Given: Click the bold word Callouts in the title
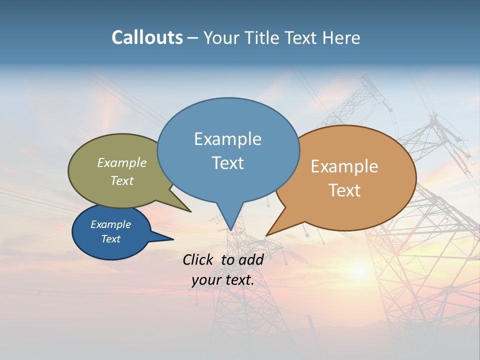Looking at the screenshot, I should pyautogui.click(x=147, y=37).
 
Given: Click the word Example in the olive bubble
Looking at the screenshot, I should pyautogui.click(x=121, y=162).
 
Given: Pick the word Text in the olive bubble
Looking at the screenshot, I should pyautogui.click(x=121, y=180).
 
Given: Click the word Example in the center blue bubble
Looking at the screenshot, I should pyautogui.click(x=227, y=139).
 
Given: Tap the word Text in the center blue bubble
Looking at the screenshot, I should pyautogui.click(x=227, y=163).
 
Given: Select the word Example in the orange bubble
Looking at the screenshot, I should pyautogui.click(x=344, y=166).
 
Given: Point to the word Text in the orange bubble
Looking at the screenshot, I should pyautogui.click(x=344, y=190).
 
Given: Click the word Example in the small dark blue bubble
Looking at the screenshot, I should pyautogui.click(x=110, y=224).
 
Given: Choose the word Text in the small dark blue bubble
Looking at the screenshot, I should pyautogui.click(x=110, y=239).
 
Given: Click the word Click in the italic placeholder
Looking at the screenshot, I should pyautogui.click(x=198, y=259).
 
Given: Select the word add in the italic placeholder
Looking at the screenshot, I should pyautogui.click(x=251, y=259).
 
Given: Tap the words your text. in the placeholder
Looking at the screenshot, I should pyautogui.click(x=223, y=280).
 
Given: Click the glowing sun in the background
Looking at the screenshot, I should pyautogui.click(x=358, y=270).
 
